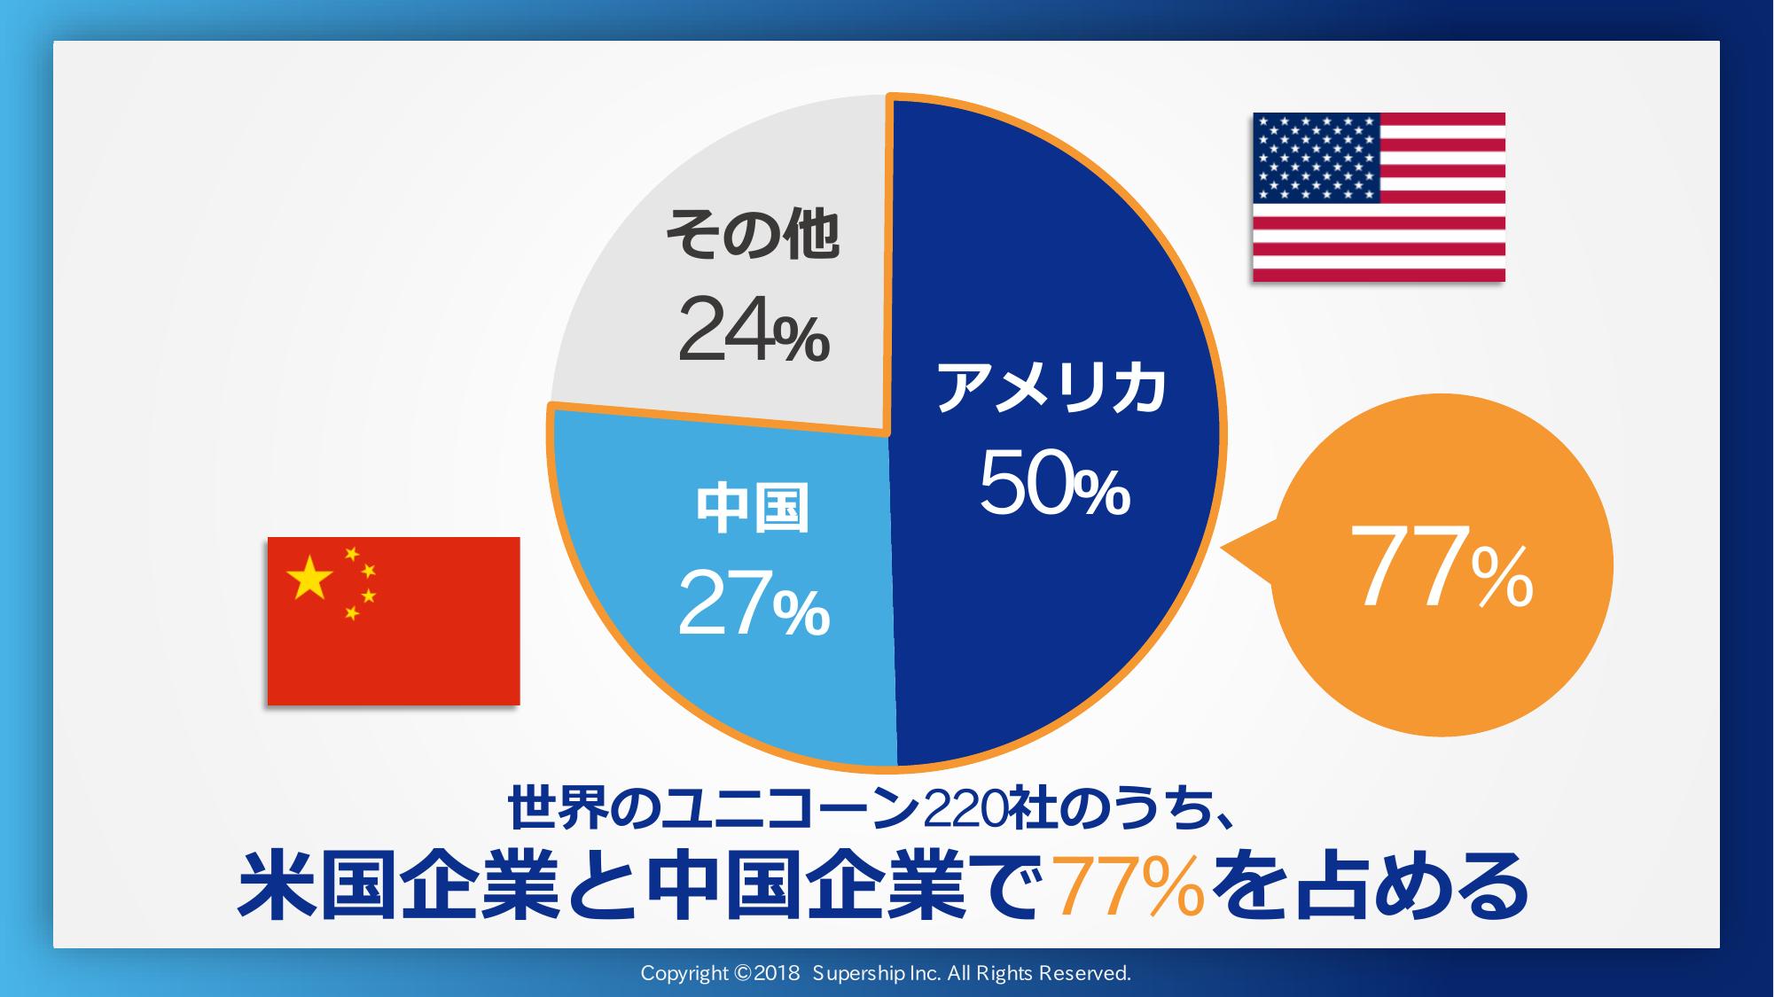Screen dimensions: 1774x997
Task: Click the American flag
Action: point(1379,197)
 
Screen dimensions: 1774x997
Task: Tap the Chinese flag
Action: point(394,620)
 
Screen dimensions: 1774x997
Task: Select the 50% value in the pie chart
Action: point(1055,483)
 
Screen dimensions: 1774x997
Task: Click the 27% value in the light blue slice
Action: point(754,604)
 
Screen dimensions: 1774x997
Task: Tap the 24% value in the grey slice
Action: point(754,330)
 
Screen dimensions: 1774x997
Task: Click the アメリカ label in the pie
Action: point(1051,389)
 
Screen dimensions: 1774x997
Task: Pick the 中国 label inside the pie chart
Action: point(753,508)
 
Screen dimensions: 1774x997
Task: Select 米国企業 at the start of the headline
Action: point(400,886)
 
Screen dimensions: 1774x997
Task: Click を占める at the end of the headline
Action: point(1370,886)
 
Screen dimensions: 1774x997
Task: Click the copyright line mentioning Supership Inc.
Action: point(886,973)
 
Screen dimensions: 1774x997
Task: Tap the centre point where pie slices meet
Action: point(888,433)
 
